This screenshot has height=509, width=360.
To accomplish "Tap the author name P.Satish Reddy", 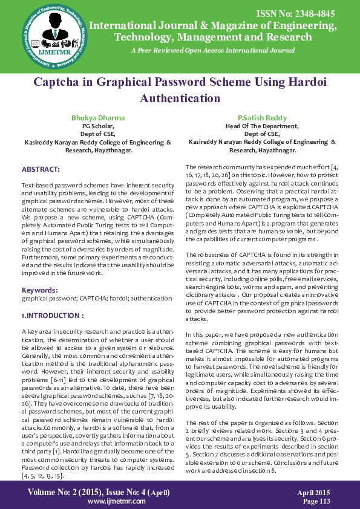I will coord(262,117).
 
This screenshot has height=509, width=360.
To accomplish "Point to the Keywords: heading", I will coord(40,274).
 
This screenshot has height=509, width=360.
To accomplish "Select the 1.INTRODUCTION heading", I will coord(51,299).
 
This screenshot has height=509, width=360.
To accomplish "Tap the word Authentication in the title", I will coord(180,97).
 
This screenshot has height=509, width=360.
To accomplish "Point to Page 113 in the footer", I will coord(316,501).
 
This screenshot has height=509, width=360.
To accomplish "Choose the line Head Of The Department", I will coord(262,126).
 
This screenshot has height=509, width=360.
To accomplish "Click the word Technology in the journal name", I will coord(143,36).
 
